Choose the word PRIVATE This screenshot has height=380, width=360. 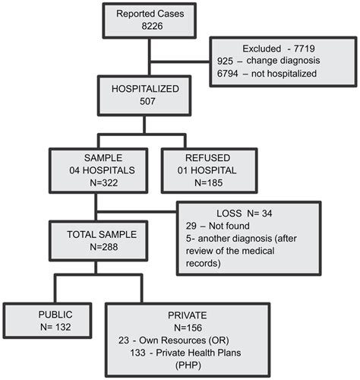pyautogui.click(x=188, y=314)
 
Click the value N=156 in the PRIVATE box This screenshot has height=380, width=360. pyautogui.click(x=188, y=327)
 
